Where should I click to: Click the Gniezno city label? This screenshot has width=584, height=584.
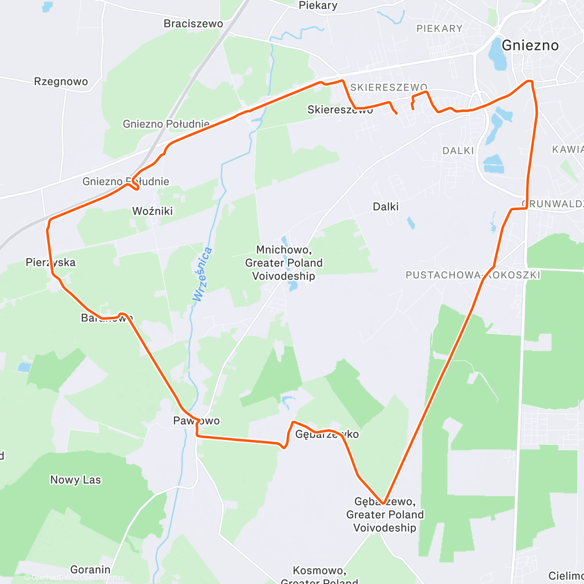[530, 45]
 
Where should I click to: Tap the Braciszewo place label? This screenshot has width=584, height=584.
[193, 23]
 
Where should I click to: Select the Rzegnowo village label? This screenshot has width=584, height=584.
[61, 81]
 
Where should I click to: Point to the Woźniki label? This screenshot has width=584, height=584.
[152, 211]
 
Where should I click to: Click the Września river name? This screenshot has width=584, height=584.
[202, 274]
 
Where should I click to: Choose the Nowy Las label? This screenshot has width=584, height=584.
[75, 480]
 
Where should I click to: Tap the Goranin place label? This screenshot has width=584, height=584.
[90, 569]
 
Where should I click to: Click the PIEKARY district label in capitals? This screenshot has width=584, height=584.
[439, 29]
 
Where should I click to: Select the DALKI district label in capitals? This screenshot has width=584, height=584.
[458, 151]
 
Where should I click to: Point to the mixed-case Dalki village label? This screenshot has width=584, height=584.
[385, 207]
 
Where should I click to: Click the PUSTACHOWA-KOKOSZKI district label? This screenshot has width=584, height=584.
[473, 275]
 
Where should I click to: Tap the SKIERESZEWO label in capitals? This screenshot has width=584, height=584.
[389, 88]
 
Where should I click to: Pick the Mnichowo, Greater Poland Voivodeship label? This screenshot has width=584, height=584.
[284, 263]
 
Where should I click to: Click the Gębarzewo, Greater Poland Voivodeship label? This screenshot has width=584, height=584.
[385, 514]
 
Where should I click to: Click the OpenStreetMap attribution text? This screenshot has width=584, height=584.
[102, 578]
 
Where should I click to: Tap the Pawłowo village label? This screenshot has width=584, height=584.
[197, 421]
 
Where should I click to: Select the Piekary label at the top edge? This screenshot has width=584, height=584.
[318, 5]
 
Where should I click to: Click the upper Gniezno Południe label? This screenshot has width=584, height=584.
[166, 124]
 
